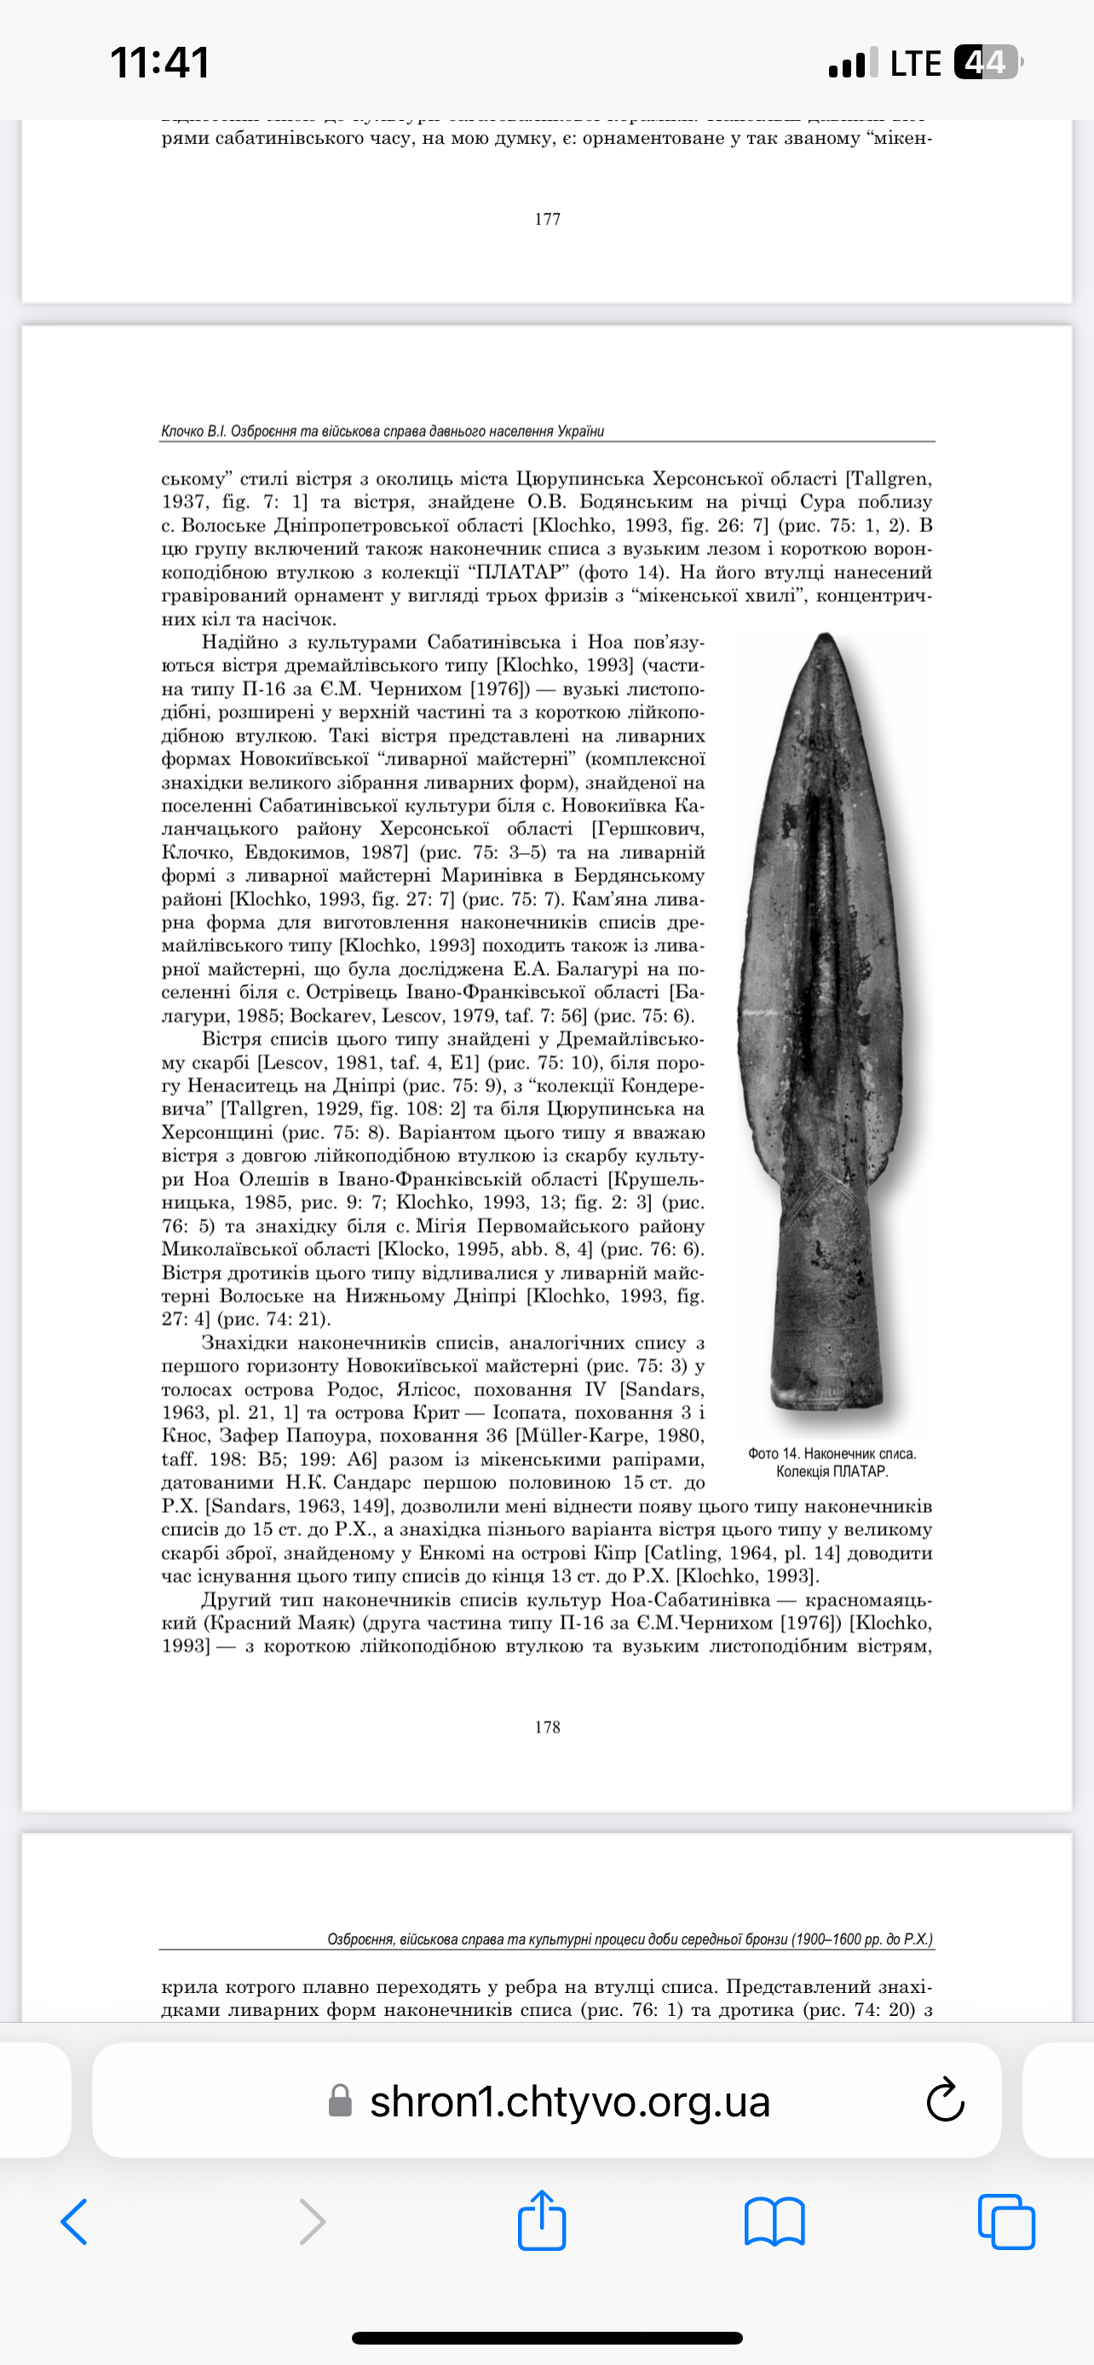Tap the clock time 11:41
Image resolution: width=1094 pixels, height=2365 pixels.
[160, 62]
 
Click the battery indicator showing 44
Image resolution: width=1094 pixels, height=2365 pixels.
[987, 62]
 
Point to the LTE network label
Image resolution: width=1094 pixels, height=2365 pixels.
[915, 62]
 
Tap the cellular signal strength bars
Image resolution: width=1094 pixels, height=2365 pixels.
[854, 62]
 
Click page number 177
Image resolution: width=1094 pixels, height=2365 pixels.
[548, 219]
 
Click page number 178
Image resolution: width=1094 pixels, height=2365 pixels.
[548, 1727]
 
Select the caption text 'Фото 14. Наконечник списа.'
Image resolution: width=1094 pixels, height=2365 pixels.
[832, 1453]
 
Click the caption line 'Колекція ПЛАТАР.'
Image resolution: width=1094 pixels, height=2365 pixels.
[832, 1472]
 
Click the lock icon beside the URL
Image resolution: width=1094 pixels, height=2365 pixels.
[341, 2100]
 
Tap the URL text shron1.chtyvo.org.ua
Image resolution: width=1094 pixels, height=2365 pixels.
[569, 2100]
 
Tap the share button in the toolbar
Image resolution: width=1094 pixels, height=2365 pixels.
[542, 2221]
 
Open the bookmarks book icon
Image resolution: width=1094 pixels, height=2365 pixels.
[774, 2222]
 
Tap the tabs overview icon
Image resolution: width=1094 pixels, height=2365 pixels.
[1006, 2222]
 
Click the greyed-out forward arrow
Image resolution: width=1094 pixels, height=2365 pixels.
[313, 2222]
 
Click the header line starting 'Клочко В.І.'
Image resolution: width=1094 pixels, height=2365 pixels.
[382, 431]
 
